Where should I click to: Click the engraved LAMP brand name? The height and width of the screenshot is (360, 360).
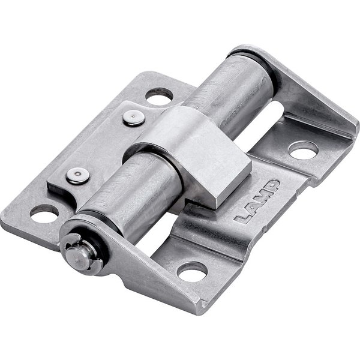(x=256, y=202)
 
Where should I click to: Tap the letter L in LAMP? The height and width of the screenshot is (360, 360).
(x=241, y=218)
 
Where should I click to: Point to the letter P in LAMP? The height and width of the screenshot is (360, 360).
(x=272, y=185)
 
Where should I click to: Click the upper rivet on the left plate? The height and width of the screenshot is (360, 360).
(x=134, y=118)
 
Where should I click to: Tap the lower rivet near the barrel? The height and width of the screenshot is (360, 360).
(x=77, y=176)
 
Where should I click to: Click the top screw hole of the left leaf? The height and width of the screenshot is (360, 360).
(x=159, y=97)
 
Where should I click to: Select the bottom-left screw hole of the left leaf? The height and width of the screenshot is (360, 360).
(x=44, y=214)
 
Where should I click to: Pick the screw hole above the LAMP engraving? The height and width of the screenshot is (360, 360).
(x=303, y=151)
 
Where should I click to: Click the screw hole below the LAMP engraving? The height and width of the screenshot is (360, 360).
(x=192, y=272)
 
